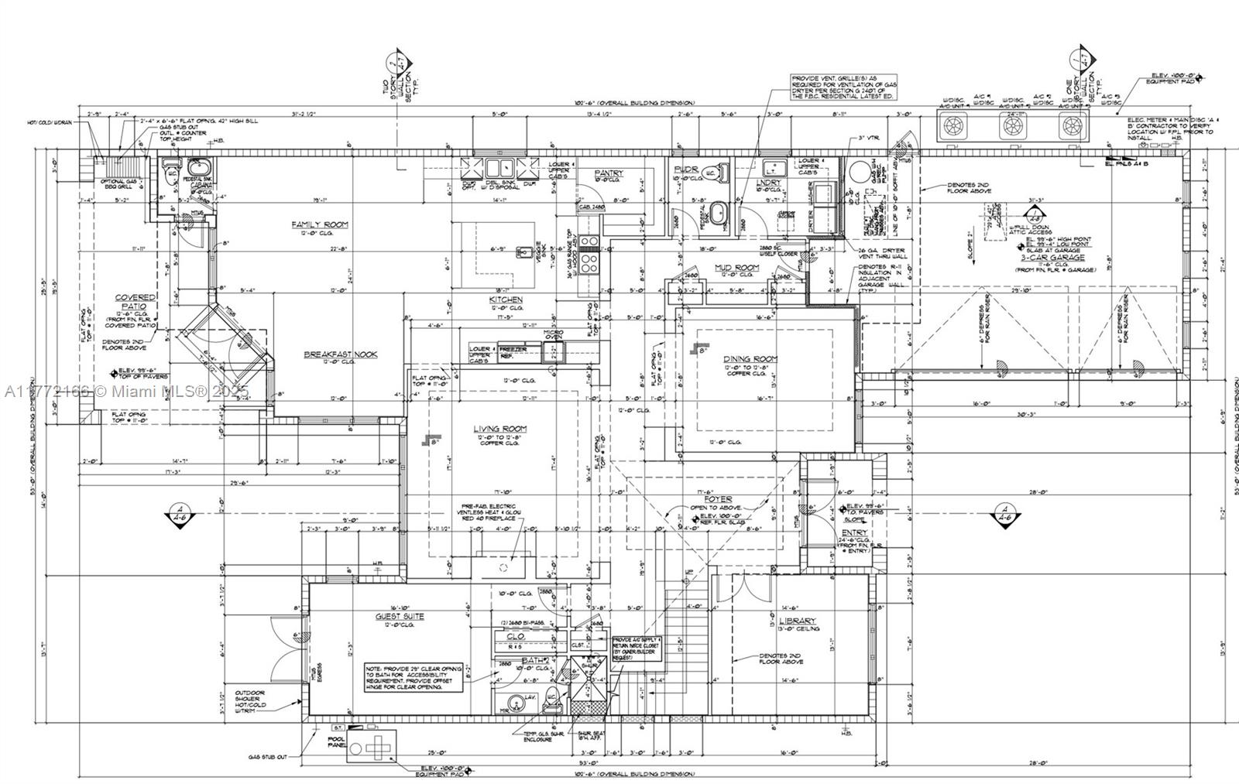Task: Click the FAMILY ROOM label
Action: (x=320, y=224)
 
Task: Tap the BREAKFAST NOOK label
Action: (x=340, y=354)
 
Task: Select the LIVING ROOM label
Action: (x=500, y=429)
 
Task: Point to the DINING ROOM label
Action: (x=750, y=359)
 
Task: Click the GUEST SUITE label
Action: (x=400, y=617)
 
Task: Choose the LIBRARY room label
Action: (x=798, y=621)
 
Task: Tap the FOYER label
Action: (x=718, y=499)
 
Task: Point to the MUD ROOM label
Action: (x=736, y=267)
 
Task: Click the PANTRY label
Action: (x=609, y=173)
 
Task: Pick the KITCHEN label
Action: (x=506, y=300)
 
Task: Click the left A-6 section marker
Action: (x=180, y=515)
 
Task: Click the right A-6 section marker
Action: (x=1004, y=515)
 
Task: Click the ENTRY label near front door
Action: (x=854, y=532)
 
